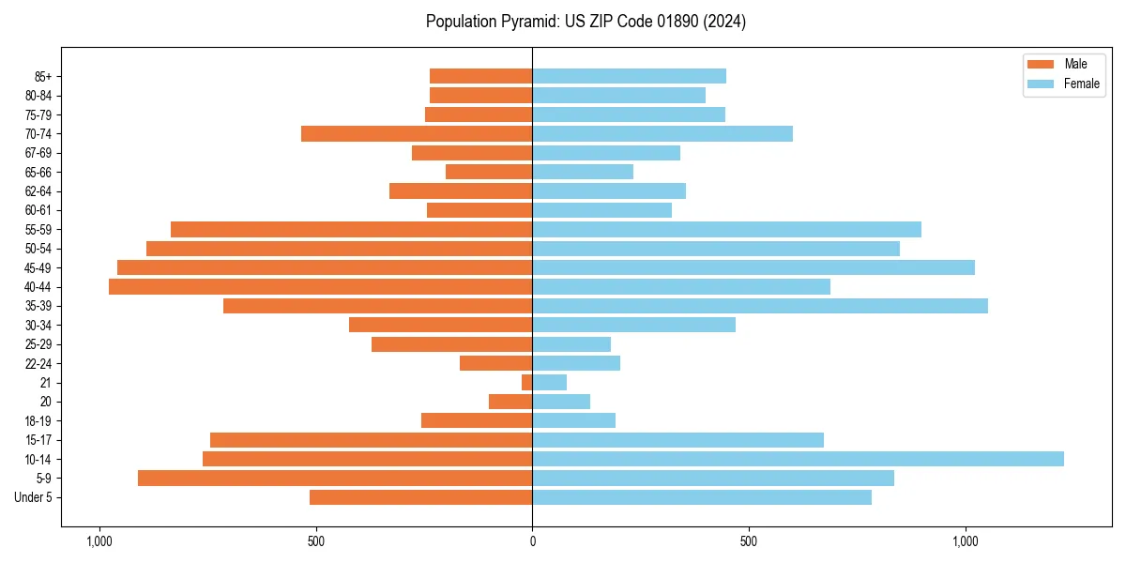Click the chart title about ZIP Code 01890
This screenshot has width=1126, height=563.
click(x=586, y=22)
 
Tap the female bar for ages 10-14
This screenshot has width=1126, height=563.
click(x=798, y=459)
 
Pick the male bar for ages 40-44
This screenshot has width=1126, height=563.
click(x=320, y=286)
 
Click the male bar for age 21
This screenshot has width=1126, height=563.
click(x=526, y=383)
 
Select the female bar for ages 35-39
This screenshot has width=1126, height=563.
click(x=760, y=306)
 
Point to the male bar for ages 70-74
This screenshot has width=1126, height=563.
click(x=417, y=133)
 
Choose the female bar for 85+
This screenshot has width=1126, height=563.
click(x=629, y=76)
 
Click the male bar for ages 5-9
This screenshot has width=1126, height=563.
click(x=335, y=479)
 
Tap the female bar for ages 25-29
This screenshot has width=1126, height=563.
click(x=571, y=344)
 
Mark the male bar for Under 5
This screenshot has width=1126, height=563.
click(x=420, y=497)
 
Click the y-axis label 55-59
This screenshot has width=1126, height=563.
click(x=38, y=229)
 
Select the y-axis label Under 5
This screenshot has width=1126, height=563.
click(x=34, y=497)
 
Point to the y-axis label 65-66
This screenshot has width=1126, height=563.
click(x=38, y=172)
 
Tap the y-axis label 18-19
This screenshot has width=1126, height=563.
click(x=38, y=421)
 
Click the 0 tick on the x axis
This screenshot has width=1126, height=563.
click(x=532, y=541)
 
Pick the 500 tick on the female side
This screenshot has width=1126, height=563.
click(x=748, y=541)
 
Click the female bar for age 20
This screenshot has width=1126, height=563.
click(x=561, y=402)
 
